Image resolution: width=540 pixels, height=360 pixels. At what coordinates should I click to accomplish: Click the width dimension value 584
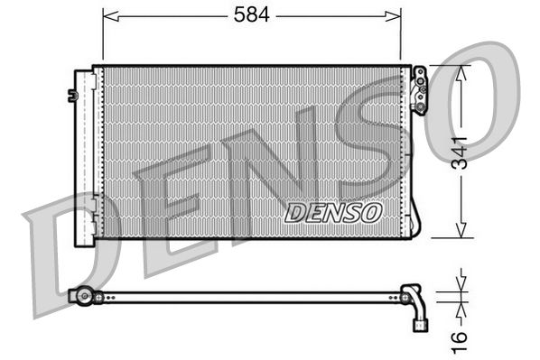(x=251, y=15)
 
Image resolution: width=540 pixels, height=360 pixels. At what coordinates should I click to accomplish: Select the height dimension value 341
(x=460, y=151)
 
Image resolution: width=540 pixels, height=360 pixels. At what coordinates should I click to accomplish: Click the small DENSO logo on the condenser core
(x=333, y=211)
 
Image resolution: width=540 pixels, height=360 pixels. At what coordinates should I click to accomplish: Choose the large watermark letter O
(x=479, y=99)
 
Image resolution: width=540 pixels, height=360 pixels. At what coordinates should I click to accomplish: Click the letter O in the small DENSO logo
(x=370, y=211)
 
